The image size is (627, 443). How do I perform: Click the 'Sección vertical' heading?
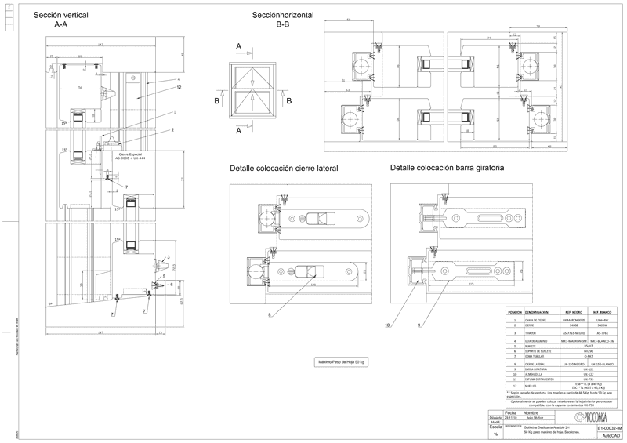[61, 16]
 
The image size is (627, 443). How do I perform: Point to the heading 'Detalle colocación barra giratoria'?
[447, 168]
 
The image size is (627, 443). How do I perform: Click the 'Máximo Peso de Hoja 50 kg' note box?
[341, 362]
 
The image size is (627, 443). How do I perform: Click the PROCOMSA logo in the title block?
[596, 416]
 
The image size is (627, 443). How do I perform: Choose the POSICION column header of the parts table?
[514, 311]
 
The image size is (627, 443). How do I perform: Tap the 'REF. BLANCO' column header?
[600, 311]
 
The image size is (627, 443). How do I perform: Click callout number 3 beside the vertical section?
[166, 258]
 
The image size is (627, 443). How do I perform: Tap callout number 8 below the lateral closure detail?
[269, 314]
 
